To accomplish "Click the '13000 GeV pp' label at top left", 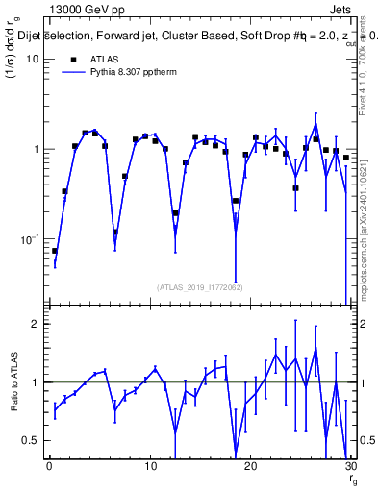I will coord(86,9).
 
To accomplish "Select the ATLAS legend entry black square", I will coord(73,60).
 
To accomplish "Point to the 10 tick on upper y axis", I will coord(32,60).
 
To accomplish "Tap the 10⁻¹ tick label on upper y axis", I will coord(30,239).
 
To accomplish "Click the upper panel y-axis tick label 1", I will coord(36,150).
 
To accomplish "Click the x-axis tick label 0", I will coord(49,466).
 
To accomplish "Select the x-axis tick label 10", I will coord(149,466).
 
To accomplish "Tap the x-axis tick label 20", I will coord(250,466).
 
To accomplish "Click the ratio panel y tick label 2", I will coord(36,324).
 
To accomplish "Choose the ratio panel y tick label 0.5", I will coord(31,440).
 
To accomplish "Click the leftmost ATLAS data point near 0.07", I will coord(55,251).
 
